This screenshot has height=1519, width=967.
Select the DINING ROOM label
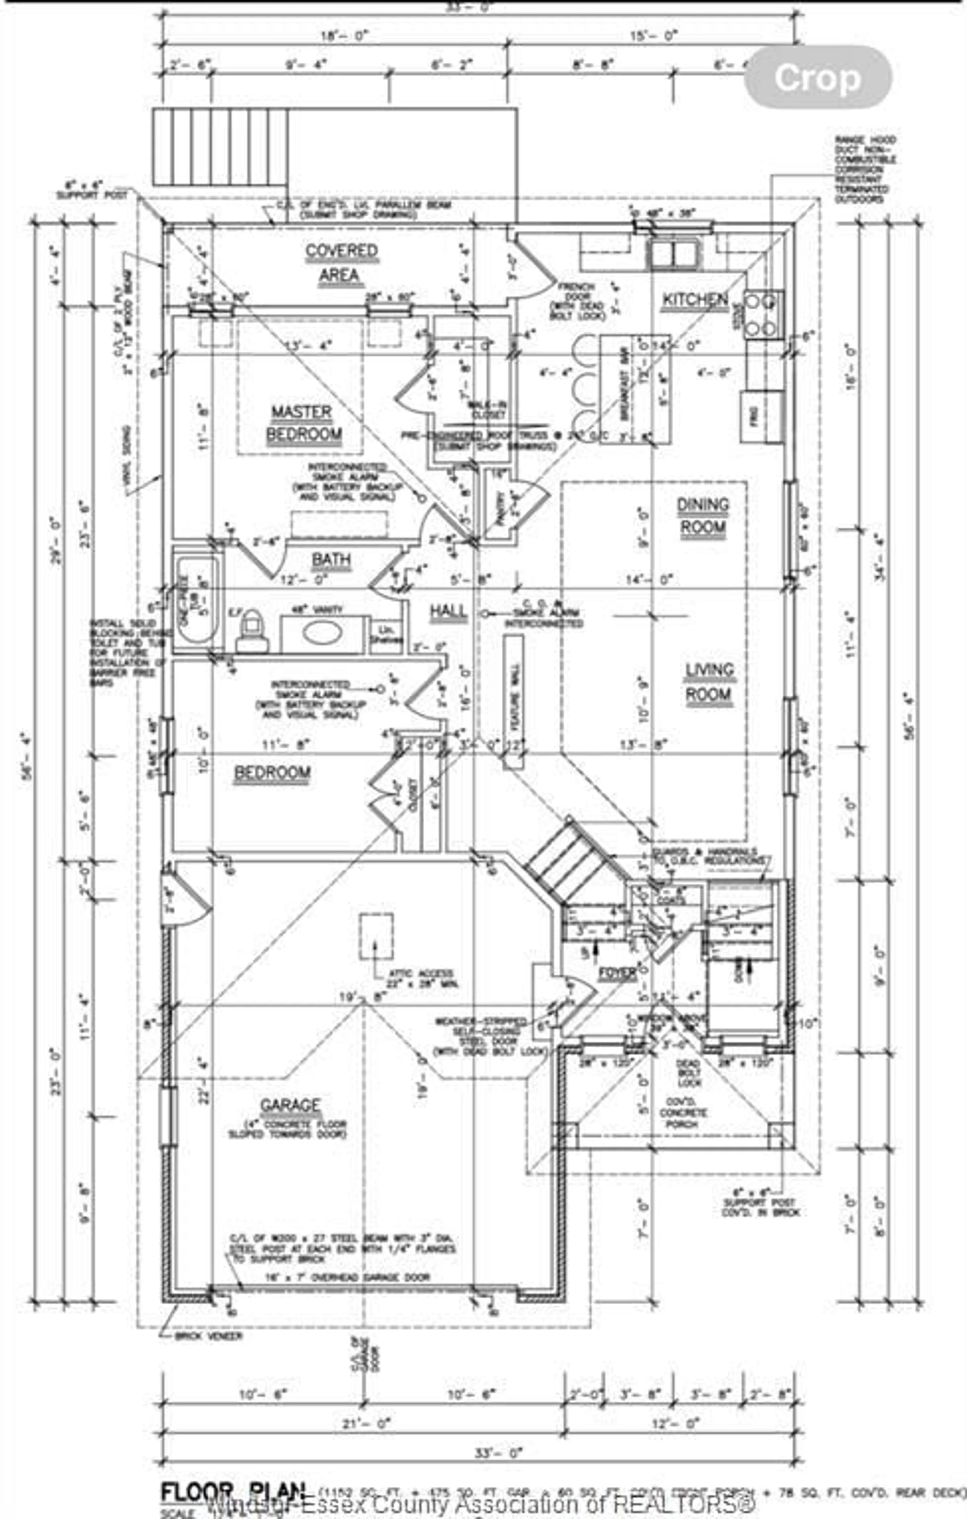point(703,516)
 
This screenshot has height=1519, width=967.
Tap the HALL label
point(448,611)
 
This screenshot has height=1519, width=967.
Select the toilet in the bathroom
point(252,631)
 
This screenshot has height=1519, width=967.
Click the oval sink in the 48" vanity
point(322,633)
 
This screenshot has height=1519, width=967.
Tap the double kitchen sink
point(674,254)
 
